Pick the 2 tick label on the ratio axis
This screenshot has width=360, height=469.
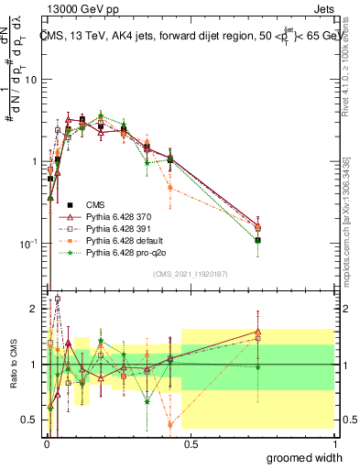click(x=36, y=309)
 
